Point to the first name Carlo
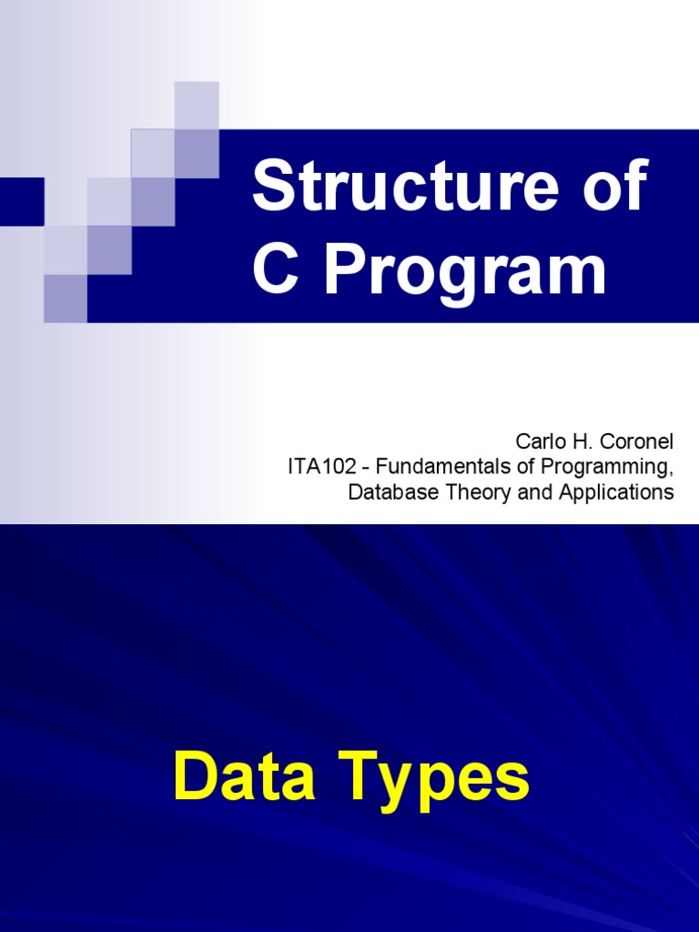(x=537, y=441)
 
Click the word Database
(x=385, y=492)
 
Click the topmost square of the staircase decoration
(x=197, y=104)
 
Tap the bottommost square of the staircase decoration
(x=66, y=298)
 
